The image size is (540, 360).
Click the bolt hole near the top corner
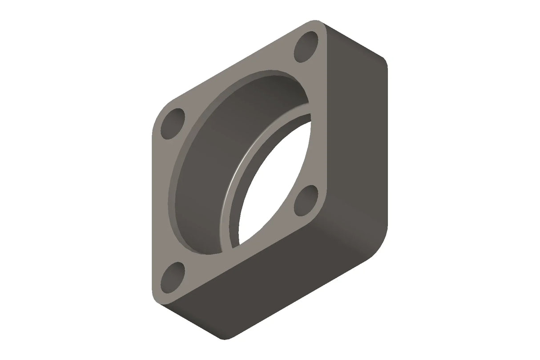click(x=306, y=46)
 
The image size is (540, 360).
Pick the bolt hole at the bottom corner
click(x=173, y=277)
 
